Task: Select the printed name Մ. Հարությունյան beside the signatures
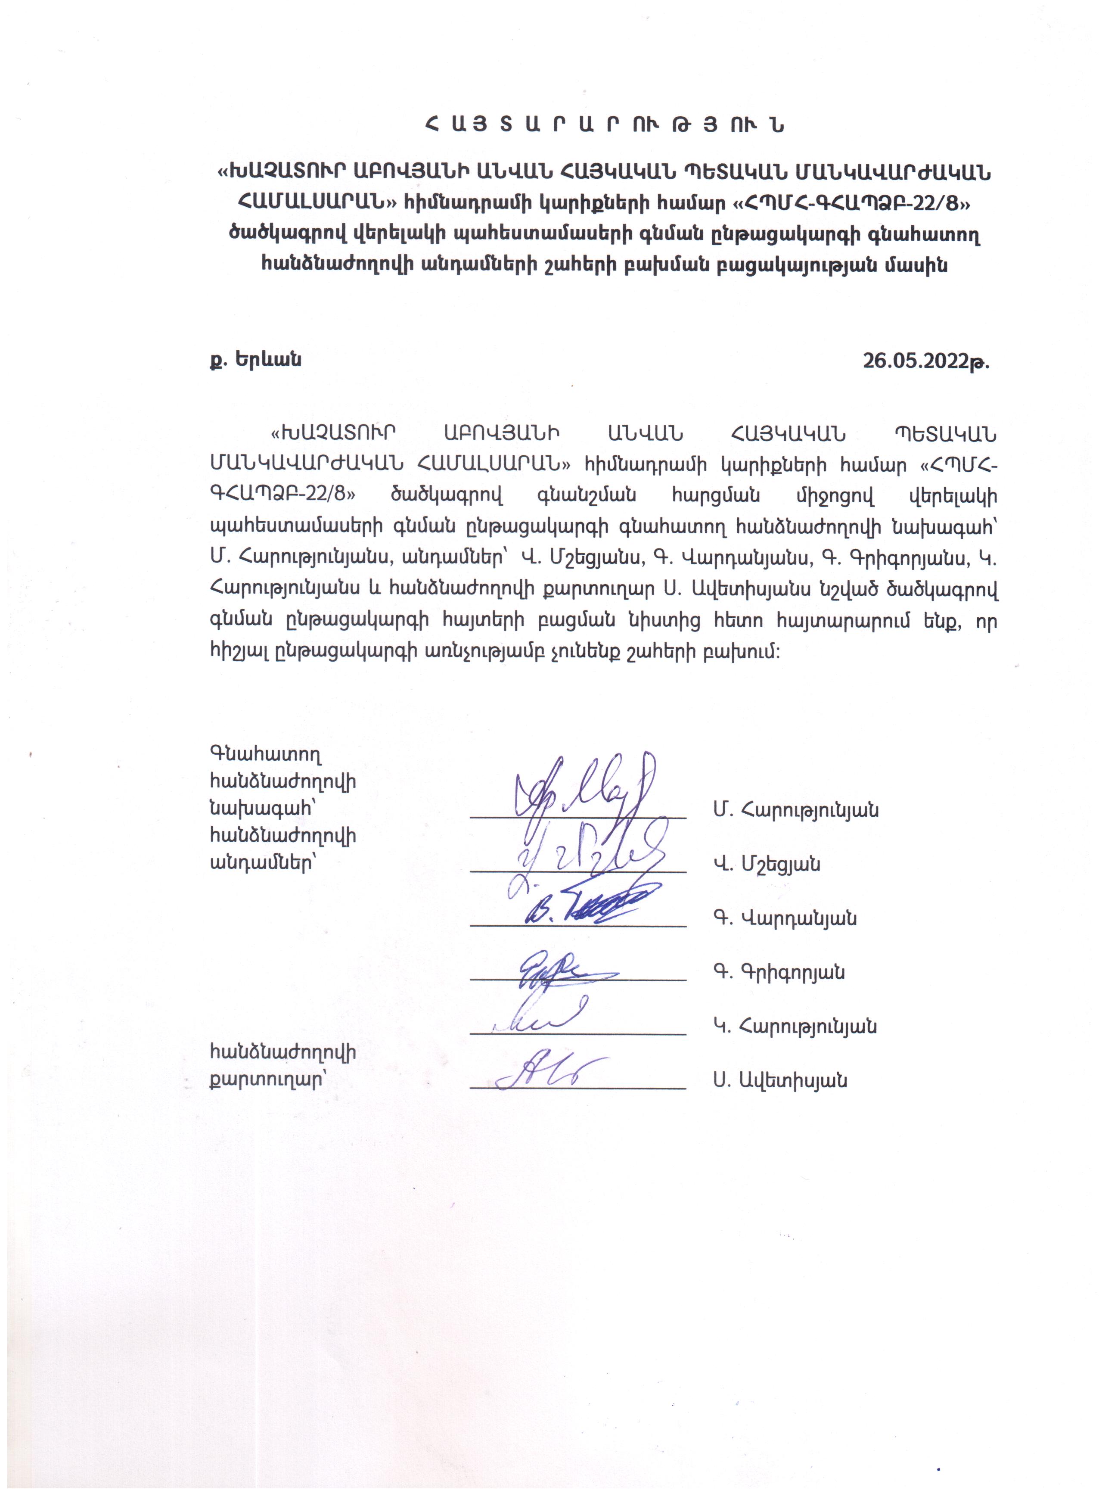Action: (795, 811)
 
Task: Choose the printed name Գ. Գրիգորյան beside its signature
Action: (779, 972)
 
